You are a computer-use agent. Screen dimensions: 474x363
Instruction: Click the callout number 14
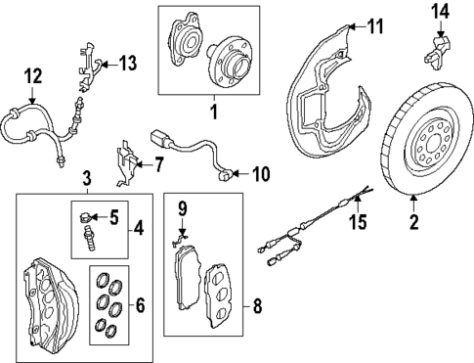coord(441,12)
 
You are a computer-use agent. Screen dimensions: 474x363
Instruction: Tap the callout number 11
coord(374,26)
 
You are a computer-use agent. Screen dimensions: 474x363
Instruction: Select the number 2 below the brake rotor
coord(413,221)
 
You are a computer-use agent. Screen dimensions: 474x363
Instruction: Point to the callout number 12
coord(33,76)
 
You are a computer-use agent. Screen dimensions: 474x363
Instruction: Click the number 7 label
coord(157,165)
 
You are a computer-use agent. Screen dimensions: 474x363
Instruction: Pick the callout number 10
coord(261,174)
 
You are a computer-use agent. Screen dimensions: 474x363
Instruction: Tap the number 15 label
coord(358,222)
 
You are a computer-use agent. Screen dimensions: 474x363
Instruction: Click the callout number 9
coord(183,209)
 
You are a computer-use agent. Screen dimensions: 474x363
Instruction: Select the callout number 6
coord(140,305)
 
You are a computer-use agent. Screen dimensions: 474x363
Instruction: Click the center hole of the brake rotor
coord(433,143)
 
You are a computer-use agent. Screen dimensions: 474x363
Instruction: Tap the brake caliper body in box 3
coord(51,301)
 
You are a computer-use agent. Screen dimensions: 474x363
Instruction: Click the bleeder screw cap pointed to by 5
coord(84,216)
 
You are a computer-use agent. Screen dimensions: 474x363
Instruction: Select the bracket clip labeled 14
coord(437,51)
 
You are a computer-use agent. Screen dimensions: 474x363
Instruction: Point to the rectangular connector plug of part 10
coord(159,138)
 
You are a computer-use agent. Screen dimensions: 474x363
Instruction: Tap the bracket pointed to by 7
coord(127,163)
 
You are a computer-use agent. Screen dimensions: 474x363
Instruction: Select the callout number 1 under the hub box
coord(214,112)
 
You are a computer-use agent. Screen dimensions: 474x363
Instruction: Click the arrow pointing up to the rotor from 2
coord(413,203)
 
